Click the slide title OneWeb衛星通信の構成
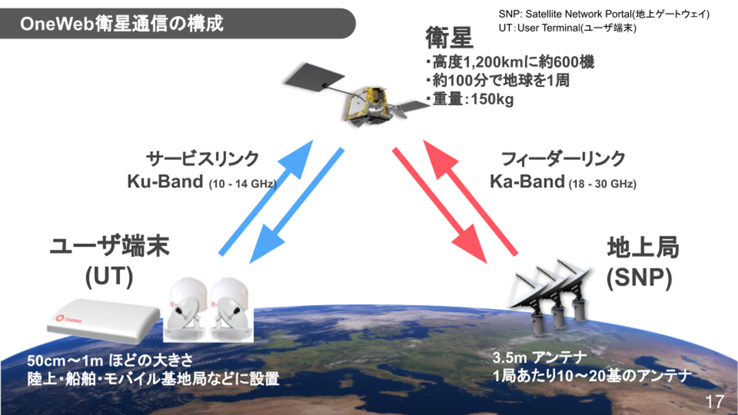(x=121, y=24)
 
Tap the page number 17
(x=714, y=401)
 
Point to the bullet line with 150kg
(x=470, y=99)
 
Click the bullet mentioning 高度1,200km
(x=510, y=62)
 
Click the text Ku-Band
(x=165, y=182)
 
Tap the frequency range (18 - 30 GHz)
(x=603, y=185)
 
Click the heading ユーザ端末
(x=110, y=248)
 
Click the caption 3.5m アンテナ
(x=539, y=358)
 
